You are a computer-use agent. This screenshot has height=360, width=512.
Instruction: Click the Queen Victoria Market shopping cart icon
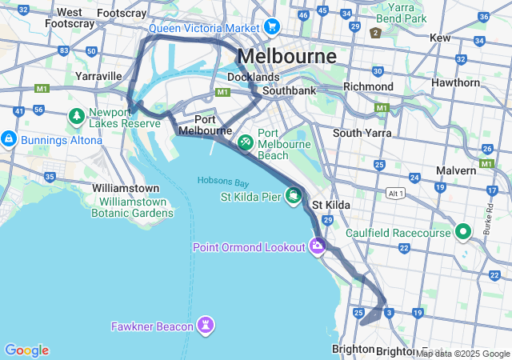coord(272,27)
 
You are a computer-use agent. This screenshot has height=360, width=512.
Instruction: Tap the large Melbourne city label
coord(287,57)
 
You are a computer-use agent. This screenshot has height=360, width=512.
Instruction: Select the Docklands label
coord(254,77)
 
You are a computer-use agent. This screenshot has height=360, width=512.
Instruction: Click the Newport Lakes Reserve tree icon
coord(77,117)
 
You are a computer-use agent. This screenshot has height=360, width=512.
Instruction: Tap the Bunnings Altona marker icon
coord(9,139)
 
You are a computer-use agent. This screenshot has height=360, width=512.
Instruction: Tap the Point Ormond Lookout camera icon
coord(318,246)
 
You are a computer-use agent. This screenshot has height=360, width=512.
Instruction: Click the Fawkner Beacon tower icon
coord(207,326)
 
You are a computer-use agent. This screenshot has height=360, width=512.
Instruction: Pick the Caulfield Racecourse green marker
coord(462,233)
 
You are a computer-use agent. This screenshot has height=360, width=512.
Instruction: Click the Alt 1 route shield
coord(394,194)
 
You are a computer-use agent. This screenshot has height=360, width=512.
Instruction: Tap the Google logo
coord(26,350)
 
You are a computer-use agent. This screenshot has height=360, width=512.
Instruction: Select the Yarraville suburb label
coord(98,76)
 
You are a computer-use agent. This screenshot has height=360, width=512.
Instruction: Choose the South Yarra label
coord(362,133)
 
